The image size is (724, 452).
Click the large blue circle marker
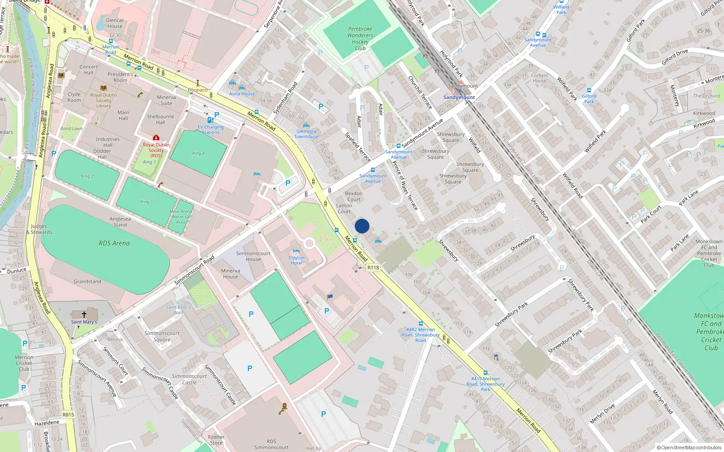point(362,226)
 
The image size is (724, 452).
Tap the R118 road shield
point(373,268)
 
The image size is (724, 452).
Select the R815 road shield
point(68,414)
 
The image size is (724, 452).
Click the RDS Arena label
point(114,243)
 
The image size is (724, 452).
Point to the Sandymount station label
point(459,97)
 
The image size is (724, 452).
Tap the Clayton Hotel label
point(296,260)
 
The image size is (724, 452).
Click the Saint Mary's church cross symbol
point(84,314)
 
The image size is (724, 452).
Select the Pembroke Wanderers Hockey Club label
point(360,38)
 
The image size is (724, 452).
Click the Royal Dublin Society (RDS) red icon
point(156,137)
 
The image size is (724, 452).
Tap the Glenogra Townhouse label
point(306,134)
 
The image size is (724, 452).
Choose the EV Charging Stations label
point(210,130)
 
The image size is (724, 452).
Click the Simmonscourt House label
point(253,256)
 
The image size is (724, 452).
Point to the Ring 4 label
point(198,153)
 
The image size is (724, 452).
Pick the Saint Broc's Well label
point(178,310)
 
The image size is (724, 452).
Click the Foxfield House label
point(539,78)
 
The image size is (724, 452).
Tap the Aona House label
point(242,94)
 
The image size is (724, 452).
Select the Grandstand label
point(87,281)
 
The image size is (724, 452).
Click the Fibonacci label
point(198,90)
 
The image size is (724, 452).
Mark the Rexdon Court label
point(354,196)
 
